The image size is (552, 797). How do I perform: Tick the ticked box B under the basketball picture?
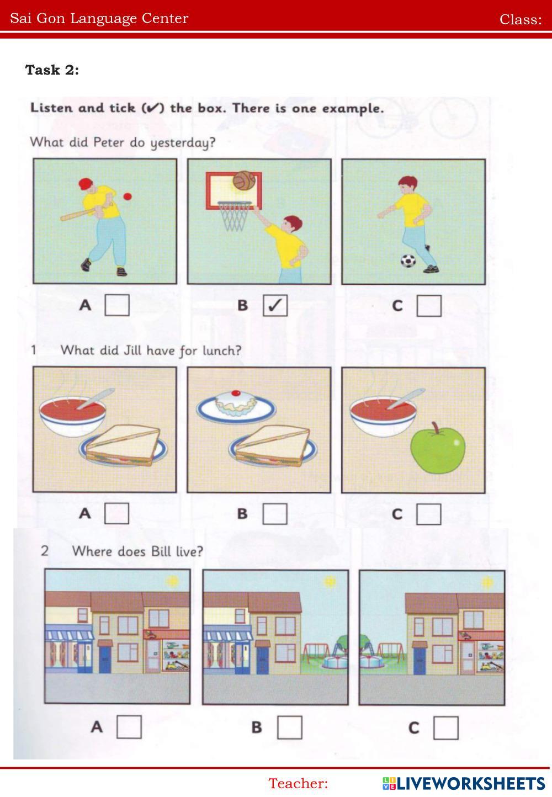pos(275,305)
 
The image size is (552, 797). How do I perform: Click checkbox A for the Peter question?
pos(116,305)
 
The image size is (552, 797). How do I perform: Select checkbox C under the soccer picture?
pos(429,306)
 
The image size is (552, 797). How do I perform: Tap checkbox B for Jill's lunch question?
pos(275,514)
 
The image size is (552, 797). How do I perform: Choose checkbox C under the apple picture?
pos(428,514)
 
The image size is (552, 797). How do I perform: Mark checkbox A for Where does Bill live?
pos(129,727)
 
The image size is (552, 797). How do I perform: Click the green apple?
pos(437,449)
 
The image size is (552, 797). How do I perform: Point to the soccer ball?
pos(408,261)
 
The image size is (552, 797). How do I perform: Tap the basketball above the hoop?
pos(244,180)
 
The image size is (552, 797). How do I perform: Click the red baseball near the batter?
pos(128,196)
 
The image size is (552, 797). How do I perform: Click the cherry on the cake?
pos(235,393)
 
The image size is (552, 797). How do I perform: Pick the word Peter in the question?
pos(109,142)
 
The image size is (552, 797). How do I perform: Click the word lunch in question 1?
pos(222,351)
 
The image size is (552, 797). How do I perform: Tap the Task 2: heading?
pos(52,70)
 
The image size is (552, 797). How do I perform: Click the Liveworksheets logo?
pos(464,783)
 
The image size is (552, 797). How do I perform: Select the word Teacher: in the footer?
pos(298,783)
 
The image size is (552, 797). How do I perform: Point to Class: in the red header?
pos(521,19)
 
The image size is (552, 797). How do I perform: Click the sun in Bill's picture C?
pos(487,582)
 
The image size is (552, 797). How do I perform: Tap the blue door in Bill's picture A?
pos(105,659)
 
